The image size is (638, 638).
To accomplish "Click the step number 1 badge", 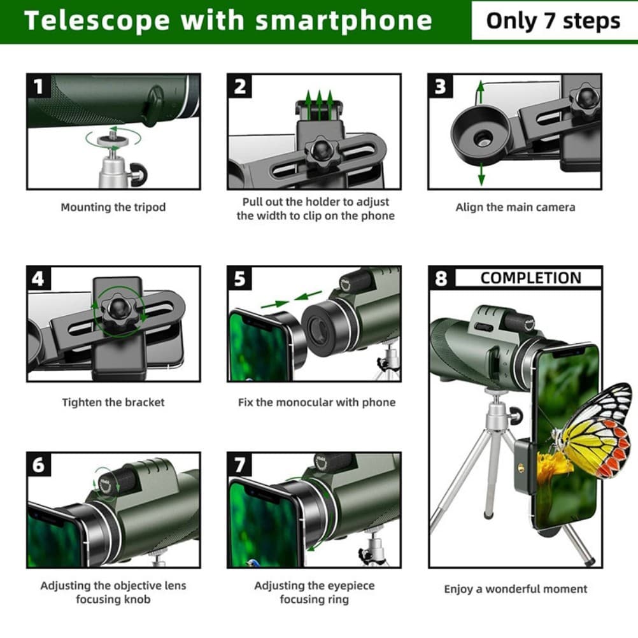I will coord(39,86).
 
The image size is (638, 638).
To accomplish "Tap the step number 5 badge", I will coord(239,278).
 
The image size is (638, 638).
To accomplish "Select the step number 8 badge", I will coord(441,278).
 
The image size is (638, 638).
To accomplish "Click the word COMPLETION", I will coord(530,278).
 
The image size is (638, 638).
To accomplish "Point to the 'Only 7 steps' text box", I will coord(553,21).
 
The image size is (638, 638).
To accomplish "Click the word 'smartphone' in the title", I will coord(344,21).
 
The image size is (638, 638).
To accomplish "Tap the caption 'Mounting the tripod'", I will coord(113,207).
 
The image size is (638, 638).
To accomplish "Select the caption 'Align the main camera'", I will coord(515,207).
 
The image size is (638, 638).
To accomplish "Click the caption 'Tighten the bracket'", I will coord(113,402).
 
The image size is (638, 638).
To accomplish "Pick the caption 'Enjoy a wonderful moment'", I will coord(515,589).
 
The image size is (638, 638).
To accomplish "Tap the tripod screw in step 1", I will coord(113,138).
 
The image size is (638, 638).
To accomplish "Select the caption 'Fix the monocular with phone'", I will coord(316,402).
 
